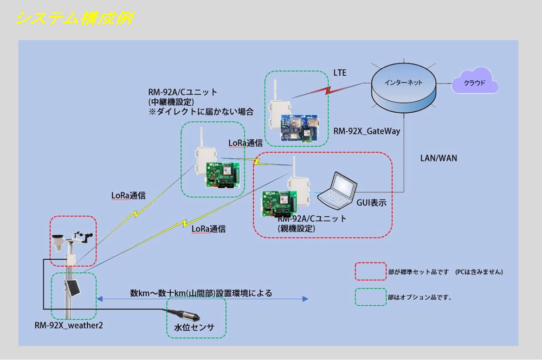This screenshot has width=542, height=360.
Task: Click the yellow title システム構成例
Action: (74, 19)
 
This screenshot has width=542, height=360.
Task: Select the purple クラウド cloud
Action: (474, 83)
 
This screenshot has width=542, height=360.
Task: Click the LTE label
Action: (340, 73)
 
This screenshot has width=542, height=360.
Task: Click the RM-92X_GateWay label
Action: (366, 131)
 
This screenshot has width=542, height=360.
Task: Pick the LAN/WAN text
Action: (438, 158)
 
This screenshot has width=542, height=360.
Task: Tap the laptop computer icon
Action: (337, 190)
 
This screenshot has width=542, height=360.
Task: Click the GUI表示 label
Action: (371, 204)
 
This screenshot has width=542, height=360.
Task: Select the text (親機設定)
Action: (296, 229)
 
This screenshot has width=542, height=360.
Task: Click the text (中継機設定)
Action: (171, 101)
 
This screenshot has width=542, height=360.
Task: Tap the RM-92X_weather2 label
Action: (69, 326)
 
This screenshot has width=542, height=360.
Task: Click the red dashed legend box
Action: (371, 271)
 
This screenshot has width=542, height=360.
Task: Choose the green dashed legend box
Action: (371, 297)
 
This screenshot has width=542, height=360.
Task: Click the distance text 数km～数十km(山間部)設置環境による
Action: (201, 293)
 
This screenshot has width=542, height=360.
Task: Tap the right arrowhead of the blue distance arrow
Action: (306, 299)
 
